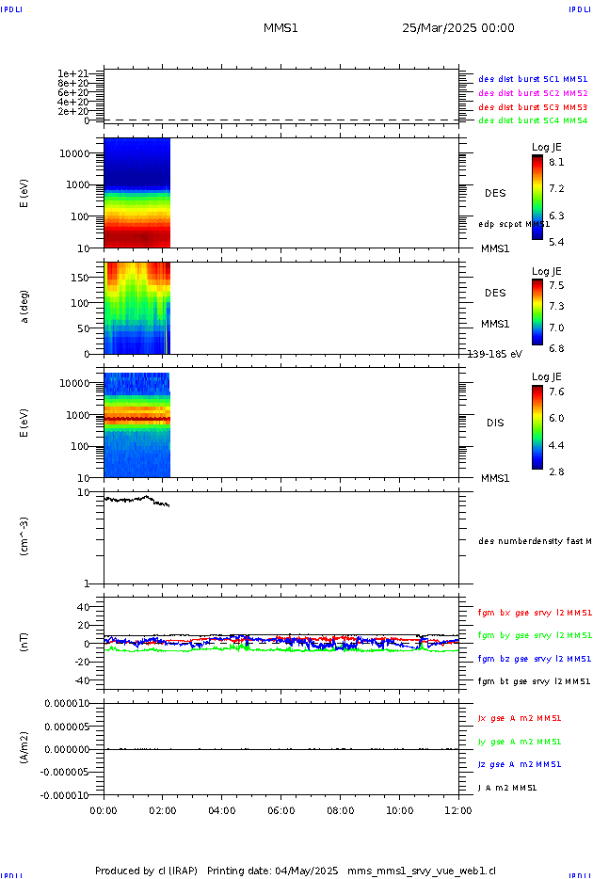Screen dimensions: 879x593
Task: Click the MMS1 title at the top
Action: [280, 28]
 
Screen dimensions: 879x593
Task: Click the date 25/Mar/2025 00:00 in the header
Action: [457, 28]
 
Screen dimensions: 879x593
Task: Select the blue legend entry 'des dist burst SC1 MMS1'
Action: [533, 80]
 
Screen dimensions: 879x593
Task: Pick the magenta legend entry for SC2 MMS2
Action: [533, 93]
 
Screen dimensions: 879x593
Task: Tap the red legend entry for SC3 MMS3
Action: [533, 107]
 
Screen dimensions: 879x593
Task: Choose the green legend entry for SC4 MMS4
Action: [533, 120]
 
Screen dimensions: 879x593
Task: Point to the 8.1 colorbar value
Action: [557, 161]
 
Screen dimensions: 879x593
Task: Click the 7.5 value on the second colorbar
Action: [557, 285]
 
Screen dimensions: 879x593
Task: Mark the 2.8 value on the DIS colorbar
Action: [557, 471]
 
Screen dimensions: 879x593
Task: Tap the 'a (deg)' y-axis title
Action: [24, 306]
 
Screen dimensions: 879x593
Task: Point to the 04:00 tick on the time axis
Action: [222, 809]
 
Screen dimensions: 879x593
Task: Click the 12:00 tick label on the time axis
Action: [458, 809]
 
